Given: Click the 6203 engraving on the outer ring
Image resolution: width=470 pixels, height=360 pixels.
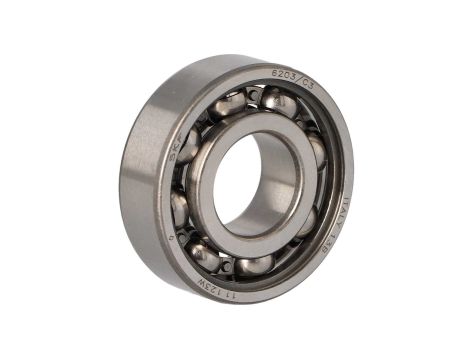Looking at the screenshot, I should [x=282, y=76].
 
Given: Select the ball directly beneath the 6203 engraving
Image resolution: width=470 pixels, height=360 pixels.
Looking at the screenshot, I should [x=279, y=101].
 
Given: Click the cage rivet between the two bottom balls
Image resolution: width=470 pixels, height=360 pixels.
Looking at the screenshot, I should [x=228, y=266].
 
